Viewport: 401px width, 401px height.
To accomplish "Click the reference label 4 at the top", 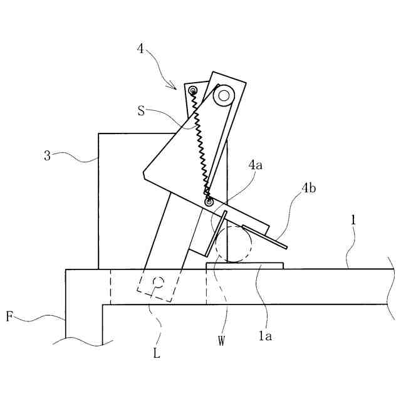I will coord(141,48).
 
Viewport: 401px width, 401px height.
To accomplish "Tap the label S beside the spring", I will coord(142,112).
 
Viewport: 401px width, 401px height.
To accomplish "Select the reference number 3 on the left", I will coord(48,155).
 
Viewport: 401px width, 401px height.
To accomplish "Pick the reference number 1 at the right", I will coord(353,219).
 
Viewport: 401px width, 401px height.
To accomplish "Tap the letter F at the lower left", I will coord(9,316).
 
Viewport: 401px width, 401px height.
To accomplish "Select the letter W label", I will coord(221,340).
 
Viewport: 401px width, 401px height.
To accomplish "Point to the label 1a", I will coord(266,336).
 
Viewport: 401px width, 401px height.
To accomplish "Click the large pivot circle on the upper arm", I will coord(223,96).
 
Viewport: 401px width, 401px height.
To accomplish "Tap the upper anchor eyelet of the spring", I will coord(194,92).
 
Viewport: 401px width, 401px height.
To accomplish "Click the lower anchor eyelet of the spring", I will coord(209,202).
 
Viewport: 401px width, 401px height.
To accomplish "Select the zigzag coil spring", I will coord(201,147).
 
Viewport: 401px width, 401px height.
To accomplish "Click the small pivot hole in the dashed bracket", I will coord(159,282).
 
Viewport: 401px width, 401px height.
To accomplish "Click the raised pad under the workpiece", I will coord(245,266).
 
